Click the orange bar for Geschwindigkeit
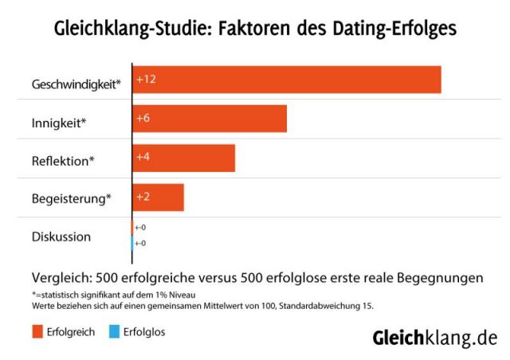287,80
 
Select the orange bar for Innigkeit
210,119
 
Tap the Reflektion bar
184,158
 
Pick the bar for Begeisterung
159,198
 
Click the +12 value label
145,79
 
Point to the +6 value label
143,118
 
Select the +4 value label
143,157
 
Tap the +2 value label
143,196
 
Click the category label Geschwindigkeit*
76,84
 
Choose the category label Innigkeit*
59,123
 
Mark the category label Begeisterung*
71,198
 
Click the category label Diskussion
61,237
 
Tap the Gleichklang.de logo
434,338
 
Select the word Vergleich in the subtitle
61,279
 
